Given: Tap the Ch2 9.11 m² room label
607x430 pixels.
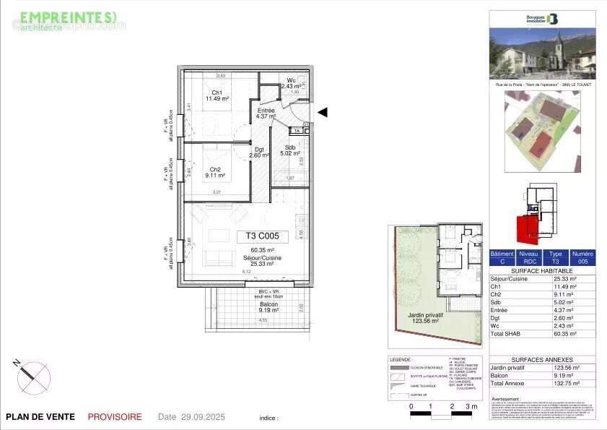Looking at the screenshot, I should pos(215,172).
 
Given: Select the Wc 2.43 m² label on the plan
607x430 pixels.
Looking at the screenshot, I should pos(292,83).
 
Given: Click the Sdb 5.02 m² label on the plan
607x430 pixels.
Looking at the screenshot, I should pos(289,150).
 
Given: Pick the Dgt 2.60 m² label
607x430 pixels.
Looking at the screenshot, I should pos(259,152).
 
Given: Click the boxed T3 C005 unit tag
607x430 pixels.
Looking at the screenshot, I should pos(262,236).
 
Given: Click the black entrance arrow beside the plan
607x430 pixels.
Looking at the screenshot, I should pos(323,112).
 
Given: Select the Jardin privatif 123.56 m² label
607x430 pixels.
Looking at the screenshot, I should pos(424,319).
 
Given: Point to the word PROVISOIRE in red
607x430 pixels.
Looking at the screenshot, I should pos(115,417).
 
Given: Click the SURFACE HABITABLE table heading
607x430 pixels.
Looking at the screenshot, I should pos(542,270).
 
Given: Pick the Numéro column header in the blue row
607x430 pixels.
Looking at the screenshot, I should pos(582,254).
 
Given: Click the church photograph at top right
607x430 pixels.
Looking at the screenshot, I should pos(542,53).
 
